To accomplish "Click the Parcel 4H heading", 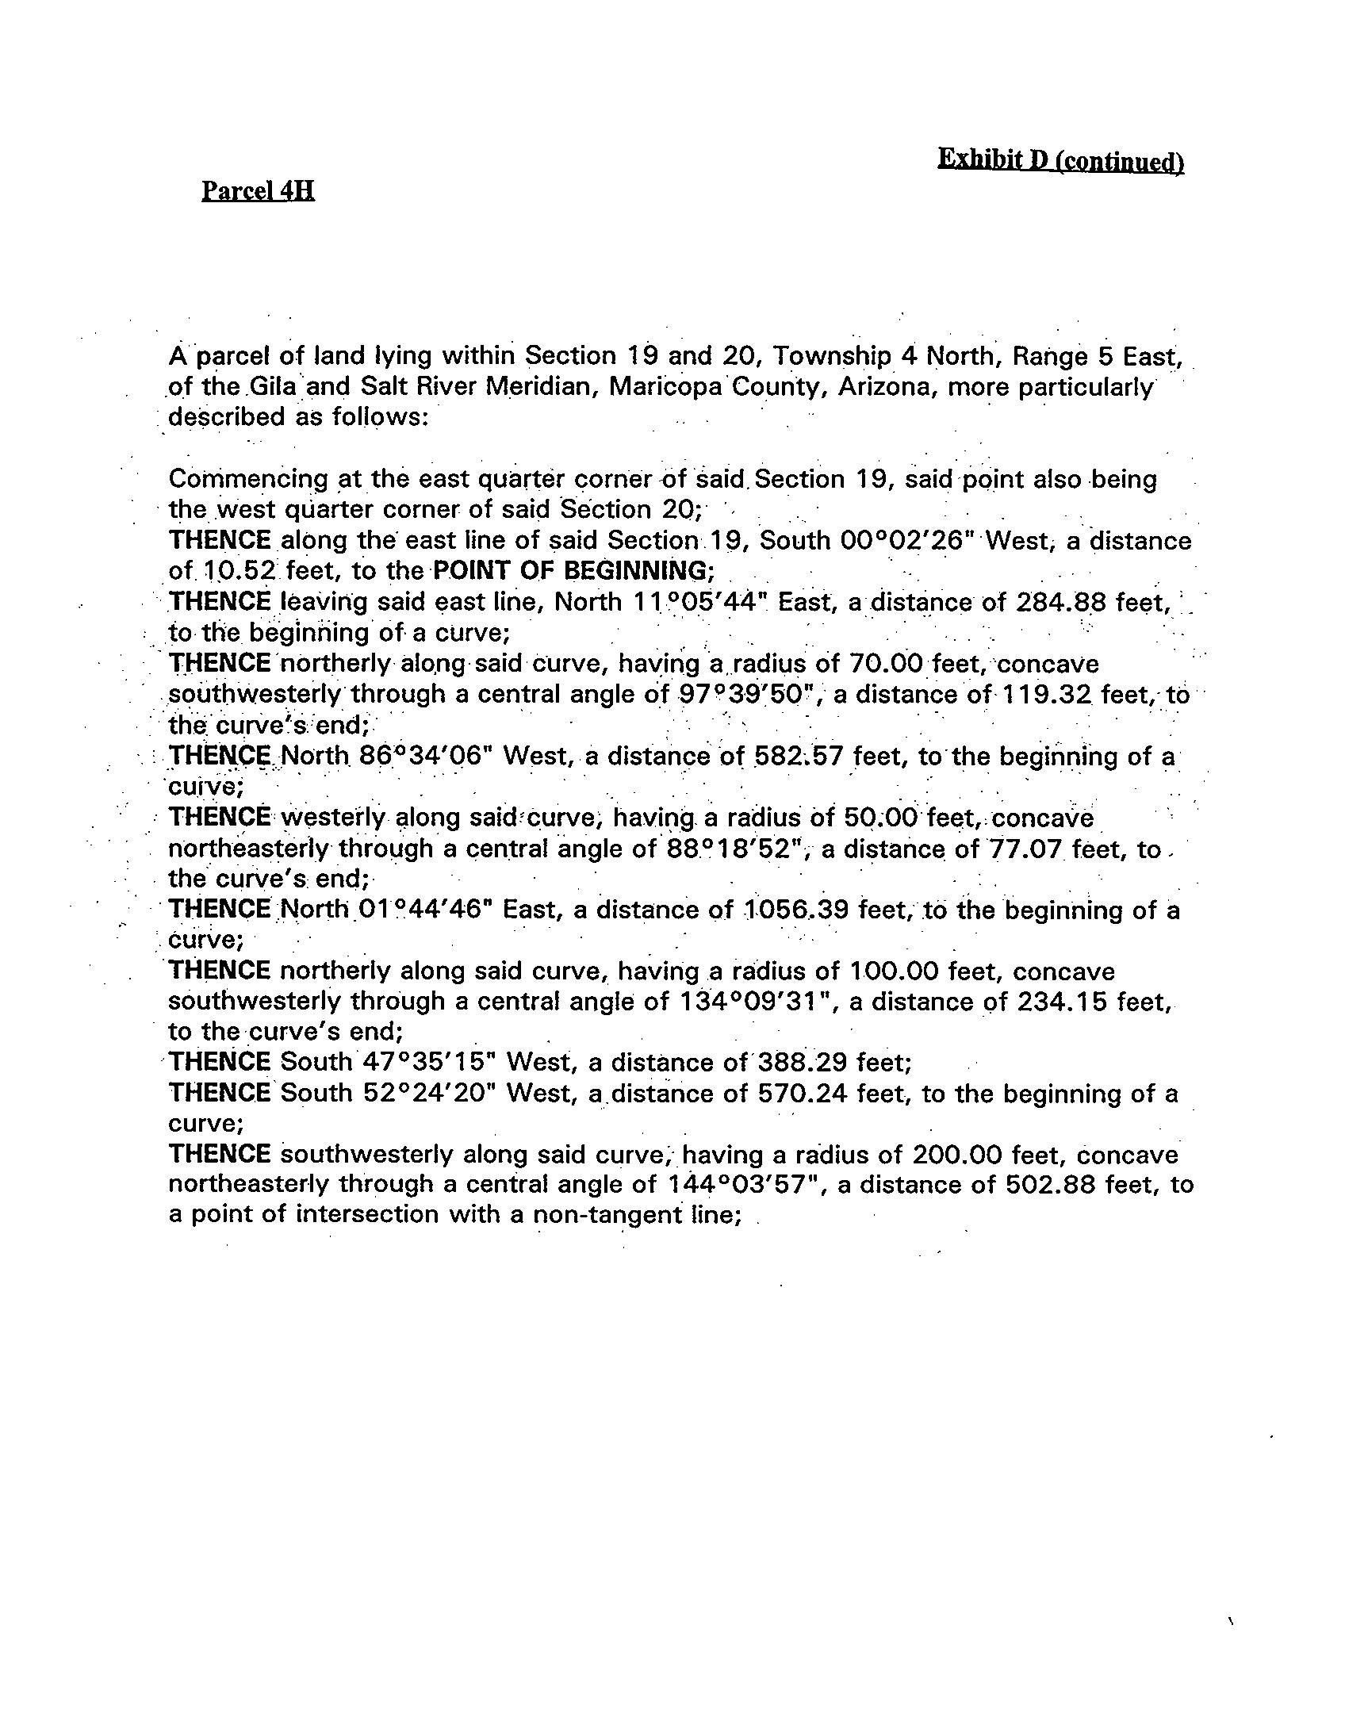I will [258, 191].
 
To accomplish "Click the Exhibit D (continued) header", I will [1060, 161].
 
